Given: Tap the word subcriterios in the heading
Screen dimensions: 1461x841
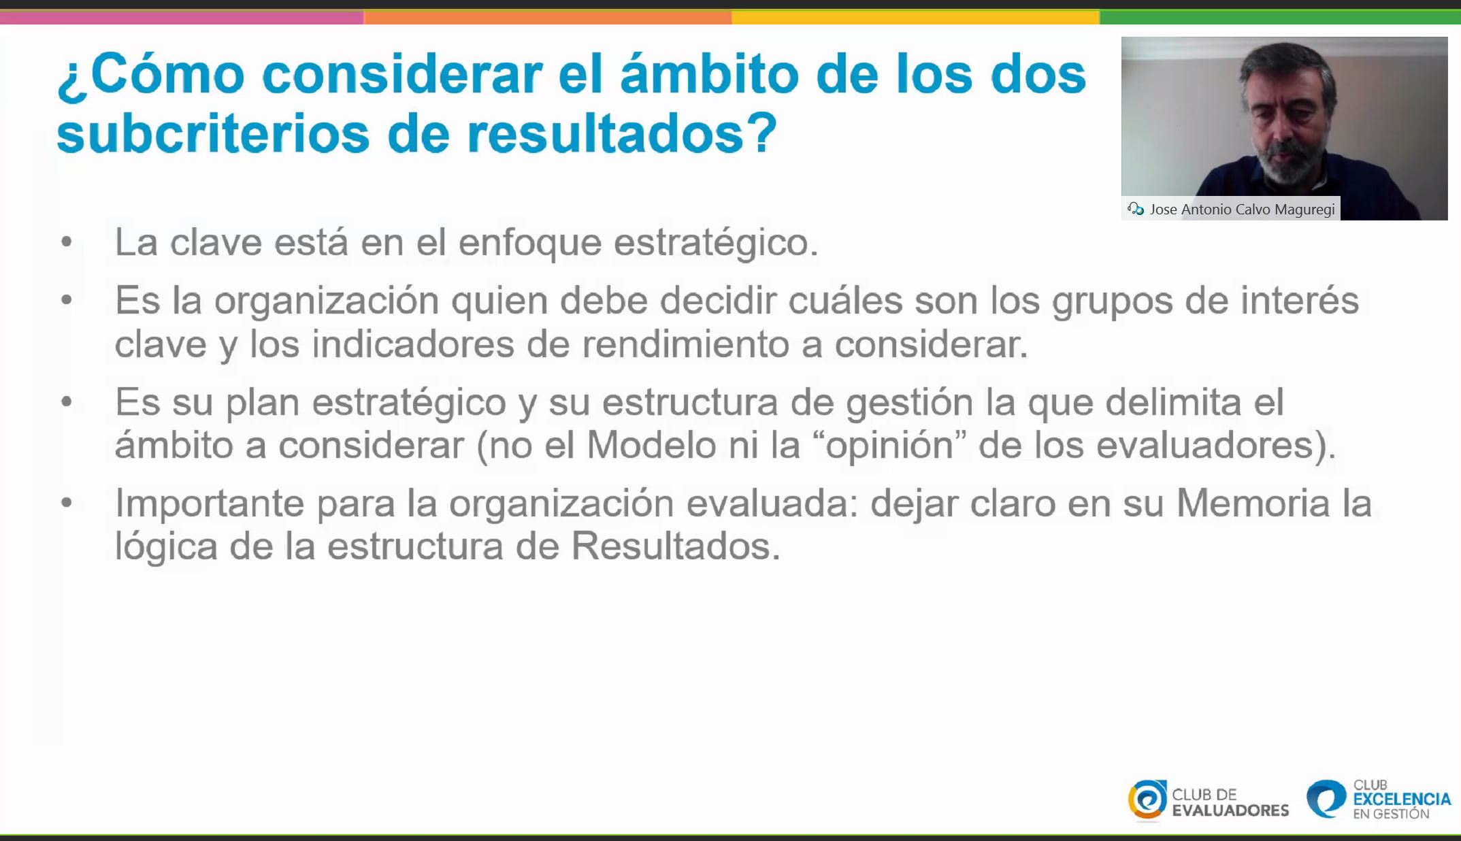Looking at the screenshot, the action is click(213, 133).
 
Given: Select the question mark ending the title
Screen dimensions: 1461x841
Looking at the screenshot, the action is click(763, 131).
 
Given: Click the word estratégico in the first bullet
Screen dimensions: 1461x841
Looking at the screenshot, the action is click(715, 243).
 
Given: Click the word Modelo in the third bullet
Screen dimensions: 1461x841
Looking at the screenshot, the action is click(651, 446).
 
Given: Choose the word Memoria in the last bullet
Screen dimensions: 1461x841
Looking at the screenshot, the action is click(1253, 504).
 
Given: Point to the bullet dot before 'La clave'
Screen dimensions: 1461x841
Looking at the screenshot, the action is click(67, 242).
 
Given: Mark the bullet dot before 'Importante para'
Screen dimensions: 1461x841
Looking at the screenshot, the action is click(67, 504).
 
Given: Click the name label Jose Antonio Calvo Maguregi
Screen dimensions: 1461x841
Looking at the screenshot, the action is click(1242, 210).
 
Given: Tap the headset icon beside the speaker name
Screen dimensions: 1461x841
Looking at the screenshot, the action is click(1135, 209).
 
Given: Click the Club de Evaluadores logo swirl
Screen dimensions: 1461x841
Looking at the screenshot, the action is click(1147, 799).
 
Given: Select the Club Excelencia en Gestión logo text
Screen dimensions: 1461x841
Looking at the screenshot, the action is click(1401, 799).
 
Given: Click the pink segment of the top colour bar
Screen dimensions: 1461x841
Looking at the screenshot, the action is click(182, 17).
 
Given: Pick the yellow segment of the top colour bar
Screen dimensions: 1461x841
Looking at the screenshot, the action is click(915, 17).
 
